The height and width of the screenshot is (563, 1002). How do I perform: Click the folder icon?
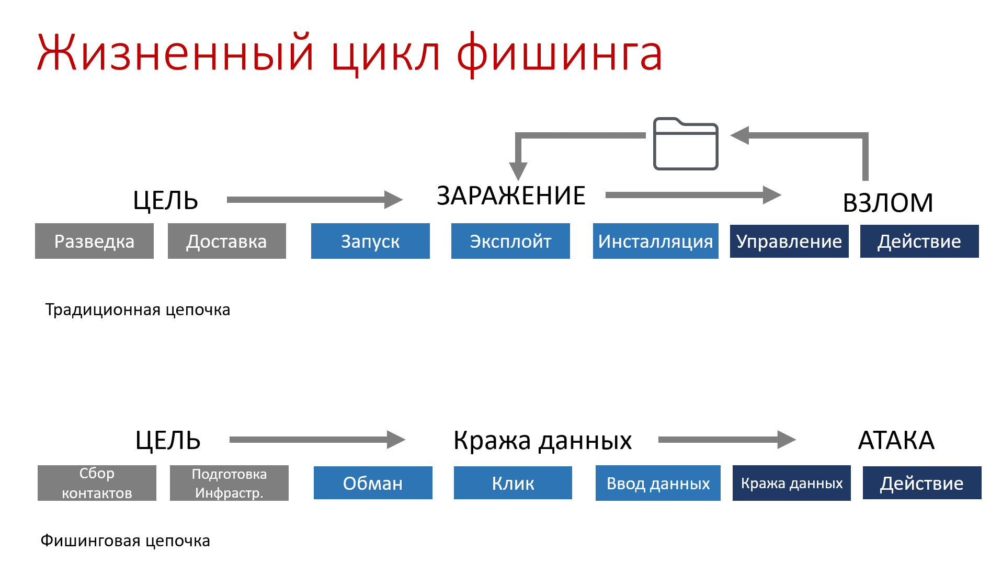(686, 144)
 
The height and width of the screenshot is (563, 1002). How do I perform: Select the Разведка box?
(94, 241)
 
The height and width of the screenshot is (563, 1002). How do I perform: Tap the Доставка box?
(226, 241)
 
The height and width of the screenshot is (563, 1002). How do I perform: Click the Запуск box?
(370, 241)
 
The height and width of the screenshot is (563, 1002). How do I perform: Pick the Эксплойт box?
(510, 241)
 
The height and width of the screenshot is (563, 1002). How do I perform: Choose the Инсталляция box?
(655, 241)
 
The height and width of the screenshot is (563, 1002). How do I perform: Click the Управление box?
(789, 241)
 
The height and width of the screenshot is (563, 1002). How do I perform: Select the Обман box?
(373, 483)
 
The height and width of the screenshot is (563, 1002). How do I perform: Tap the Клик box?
(513, 483)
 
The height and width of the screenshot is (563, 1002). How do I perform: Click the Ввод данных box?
(658, 483)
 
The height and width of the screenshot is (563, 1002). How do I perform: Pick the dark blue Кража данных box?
(791, 483)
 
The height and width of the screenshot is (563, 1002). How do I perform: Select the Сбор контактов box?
(97, 483)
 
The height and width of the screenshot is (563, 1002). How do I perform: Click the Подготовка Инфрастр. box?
(229, 483)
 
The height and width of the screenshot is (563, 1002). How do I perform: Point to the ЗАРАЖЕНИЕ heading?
(511, 196)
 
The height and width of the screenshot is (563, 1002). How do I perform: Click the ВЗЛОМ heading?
(888, 203)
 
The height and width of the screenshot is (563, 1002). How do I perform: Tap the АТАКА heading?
(896, 440)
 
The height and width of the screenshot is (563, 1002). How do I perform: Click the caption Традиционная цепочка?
(138, 310)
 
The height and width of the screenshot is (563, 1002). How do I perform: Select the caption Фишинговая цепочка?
(126, 541)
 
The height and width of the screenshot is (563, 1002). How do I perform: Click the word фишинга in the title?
(559, 54)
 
